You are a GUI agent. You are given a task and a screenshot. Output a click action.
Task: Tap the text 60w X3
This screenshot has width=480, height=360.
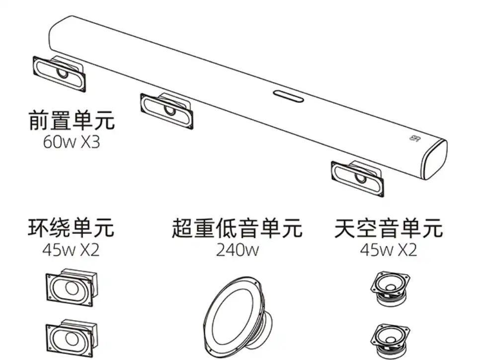72,143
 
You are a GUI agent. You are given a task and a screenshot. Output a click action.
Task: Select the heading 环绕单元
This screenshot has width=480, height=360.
71,227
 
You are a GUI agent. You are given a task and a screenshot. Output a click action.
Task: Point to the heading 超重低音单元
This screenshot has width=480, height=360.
237,228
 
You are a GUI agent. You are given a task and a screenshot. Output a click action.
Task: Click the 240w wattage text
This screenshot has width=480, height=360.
237,250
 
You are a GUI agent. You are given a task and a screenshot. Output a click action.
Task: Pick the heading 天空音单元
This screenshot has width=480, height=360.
389,228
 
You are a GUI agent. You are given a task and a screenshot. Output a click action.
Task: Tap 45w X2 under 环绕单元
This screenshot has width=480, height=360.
71,250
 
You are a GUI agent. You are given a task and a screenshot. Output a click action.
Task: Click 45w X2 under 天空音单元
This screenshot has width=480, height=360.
389,250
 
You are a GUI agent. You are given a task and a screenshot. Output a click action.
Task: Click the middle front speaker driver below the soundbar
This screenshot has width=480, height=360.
166,109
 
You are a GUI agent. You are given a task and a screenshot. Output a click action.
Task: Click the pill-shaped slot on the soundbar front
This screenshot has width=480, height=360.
289,95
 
